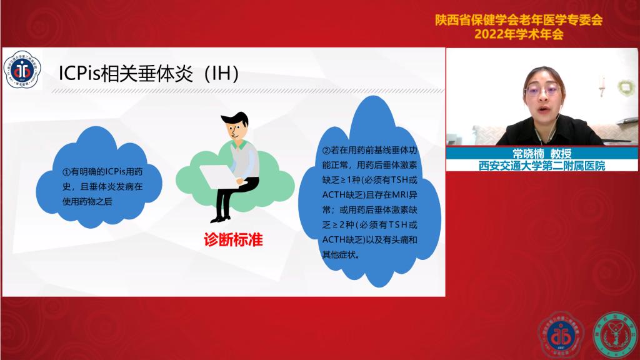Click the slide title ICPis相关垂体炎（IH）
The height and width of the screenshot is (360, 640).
pyautogui.click(x=149, y=72)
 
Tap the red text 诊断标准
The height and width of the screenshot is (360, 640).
pyautogui.click(x=232, y=239)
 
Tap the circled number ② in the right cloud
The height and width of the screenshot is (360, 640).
pyautogui.click(x=326, y=151)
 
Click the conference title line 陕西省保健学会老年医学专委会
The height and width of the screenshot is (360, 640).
pyautogui.click(x=519, y=20)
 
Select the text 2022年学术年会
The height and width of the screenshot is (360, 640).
pyautogui.click(x=519, y=34)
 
